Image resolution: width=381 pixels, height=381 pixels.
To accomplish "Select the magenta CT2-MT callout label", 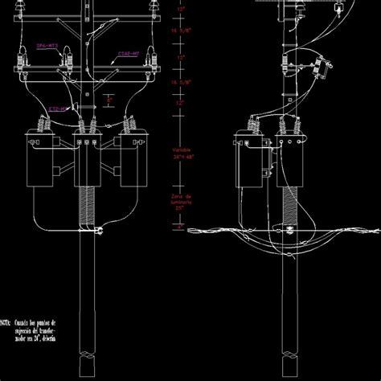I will point(57,105).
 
